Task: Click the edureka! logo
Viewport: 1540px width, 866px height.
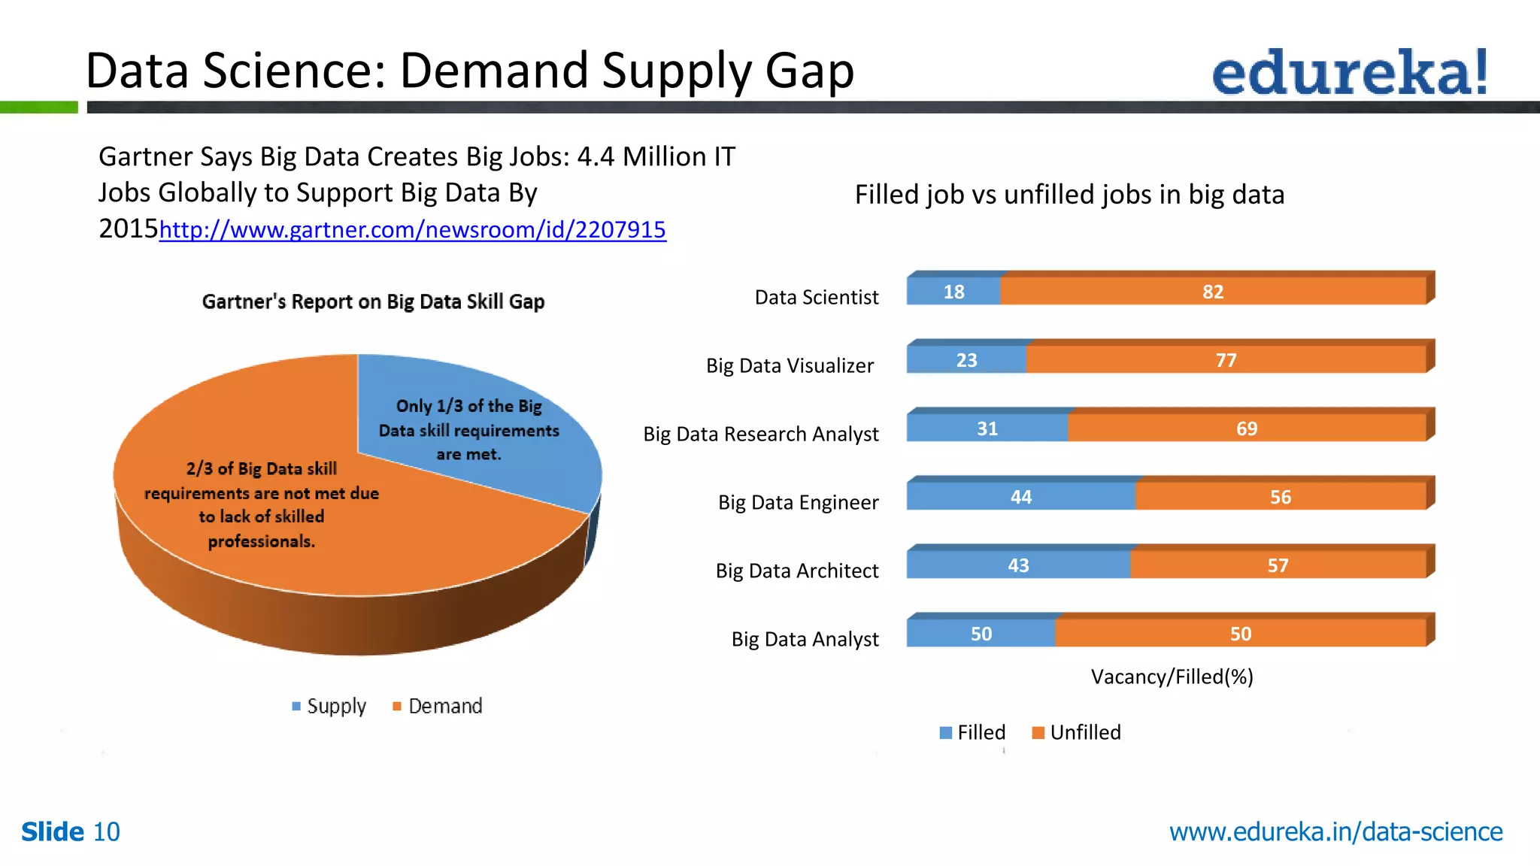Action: [x=1349, y=72]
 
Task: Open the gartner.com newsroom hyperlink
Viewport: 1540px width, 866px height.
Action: [x=412, y=229]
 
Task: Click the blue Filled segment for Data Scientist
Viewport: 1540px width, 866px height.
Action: [x=953, y=292]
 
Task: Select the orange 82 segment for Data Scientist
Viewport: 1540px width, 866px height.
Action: [x=1212, y=292]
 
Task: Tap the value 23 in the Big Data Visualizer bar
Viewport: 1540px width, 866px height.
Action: [x=966, y=360]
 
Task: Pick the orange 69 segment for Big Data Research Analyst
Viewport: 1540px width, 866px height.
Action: [x=1246, y=428]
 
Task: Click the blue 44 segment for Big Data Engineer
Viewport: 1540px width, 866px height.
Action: [x=1020, y=497]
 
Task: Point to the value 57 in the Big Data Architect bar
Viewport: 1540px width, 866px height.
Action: [x=1278, y=565]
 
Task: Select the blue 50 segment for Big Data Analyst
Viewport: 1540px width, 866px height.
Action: [x=981, y=634]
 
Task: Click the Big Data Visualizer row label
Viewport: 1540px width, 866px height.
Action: [x=790, y=365]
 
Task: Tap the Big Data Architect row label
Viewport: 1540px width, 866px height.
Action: [x=796, y=571]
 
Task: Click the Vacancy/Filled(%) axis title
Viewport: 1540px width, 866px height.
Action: [x=1172, y=677]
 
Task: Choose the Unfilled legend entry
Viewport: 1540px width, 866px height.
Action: [x=1077, y=732]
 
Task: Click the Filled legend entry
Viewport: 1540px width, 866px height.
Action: [x=973, y=732]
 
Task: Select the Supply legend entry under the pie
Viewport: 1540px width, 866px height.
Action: [x=329, y=706]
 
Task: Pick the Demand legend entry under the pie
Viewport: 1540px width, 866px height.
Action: [x=438, y=706]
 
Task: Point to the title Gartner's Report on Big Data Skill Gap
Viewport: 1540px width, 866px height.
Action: [x=373, y=301]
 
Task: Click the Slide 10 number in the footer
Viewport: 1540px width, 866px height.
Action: [x=71, y=831]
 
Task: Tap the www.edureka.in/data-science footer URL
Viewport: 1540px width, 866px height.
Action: [x=1335, y=831]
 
